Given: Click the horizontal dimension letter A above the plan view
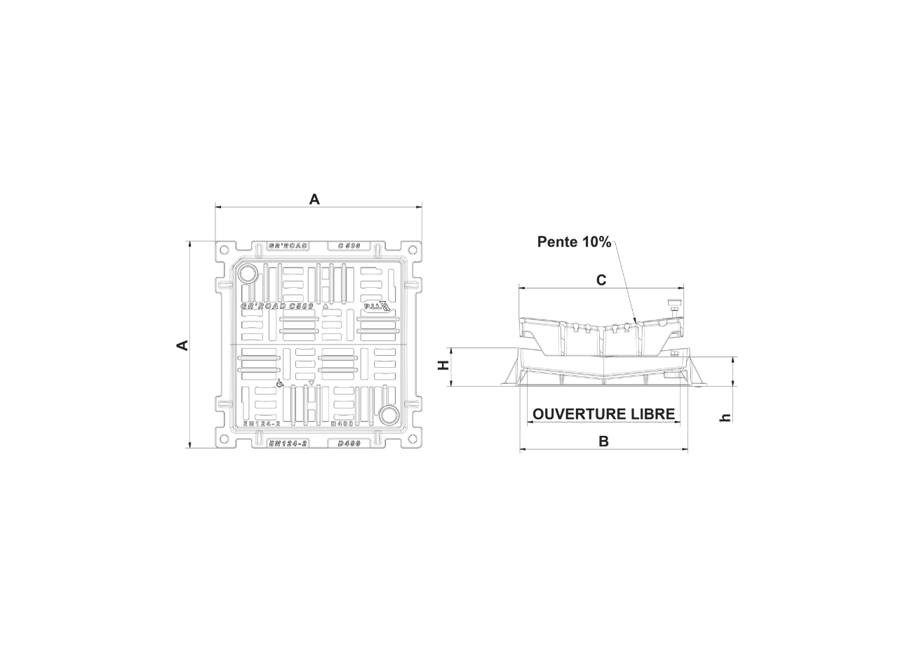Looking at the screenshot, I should coord(314,200).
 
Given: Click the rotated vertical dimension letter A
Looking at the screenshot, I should coord(182,345).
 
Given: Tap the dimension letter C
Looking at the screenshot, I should coord(601,280).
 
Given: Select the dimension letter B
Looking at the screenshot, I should coord(603,441).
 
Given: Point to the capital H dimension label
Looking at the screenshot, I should coord(443,366).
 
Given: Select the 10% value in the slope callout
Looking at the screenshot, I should coord(596,242).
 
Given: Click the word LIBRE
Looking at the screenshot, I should coord(652,414).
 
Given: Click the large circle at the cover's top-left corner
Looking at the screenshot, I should coord(248,274).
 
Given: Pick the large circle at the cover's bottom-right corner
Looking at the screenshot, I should coord(387,415).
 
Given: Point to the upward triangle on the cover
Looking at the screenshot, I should coord(326,306).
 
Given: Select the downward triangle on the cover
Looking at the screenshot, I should coord(311,383).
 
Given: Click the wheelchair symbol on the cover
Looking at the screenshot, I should coord(279,385).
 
